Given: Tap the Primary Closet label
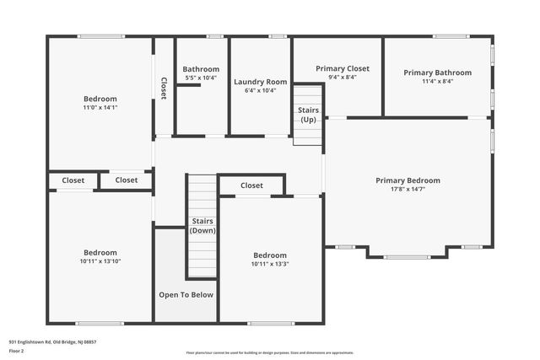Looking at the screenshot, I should pos(336,68).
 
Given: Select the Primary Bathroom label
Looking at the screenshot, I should pos(437,73).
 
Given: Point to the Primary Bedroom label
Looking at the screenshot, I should pos(408,180).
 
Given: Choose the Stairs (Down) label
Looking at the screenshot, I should pos(201,226).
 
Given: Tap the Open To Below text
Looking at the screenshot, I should pos(186,295).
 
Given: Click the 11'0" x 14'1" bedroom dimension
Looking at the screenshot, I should pos(100,108).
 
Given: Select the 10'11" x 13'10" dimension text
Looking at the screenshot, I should pos(100,261).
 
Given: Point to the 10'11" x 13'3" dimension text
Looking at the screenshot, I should pos(270,264).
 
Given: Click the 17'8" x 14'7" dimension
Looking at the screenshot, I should pos(408,189).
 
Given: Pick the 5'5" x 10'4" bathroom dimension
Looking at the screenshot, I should pos(201,78).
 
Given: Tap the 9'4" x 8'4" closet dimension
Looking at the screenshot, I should pos(336,77).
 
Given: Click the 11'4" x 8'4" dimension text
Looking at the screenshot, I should pos(437,81).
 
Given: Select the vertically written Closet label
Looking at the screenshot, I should pos(164,89).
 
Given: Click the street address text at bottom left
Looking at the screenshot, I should pos(52,341).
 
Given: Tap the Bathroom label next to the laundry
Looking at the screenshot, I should pos(201,69).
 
